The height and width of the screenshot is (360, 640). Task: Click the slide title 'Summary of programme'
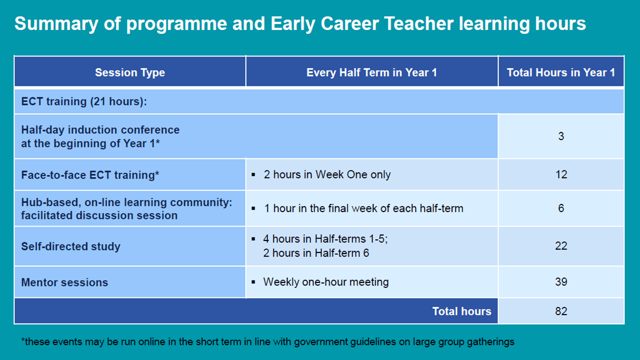pyautogui.click(x=300, y=23)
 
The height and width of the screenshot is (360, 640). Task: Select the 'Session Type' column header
pyautogui.click(x=130, y=72)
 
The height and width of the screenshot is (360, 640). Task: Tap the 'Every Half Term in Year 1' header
pyautogui.click(x=371, y=72)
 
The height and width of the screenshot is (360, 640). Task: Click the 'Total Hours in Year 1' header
pyautogui.click(x=560, y=72)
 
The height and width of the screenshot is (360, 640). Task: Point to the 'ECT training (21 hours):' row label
pyautogui.click(x=84, y=101)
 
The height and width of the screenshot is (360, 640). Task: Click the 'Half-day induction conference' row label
pyautogui.click(x=100, y=136)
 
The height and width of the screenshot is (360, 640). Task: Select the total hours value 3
pyautogui.click(x=561, y=136)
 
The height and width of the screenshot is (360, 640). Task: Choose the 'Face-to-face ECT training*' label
pyautogui.click(x=90, y=175)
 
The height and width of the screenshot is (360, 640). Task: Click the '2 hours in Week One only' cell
pyautogui.click(x=327, y=175)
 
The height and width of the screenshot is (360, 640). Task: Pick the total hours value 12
pyautogui.click(x=561, y=174)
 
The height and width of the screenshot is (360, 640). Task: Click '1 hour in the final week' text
pyautogui.click(x=363, y=208)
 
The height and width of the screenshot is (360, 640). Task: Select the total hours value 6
pyautogui.click(x=561, y=208)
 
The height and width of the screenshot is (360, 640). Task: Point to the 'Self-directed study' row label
pyautogui.click(x=70, y=246)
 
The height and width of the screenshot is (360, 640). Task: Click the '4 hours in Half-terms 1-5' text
pyautogui.click(x=325, y=239)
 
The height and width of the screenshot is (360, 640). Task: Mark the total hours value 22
pyautogui.click(x=561, y=246)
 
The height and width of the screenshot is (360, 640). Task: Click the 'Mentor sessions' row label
pyautogui.click(x=64, y=282)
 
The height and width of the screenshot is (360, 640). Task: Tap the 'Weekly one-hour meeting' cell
pyautogui.click(x=325, y=282)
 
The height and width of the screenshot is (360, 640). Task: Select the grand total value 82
pyautogui.click(x=561, y=311)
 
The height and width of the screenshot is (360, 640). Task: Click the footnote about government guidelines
pyautogui.click(x=267, y=342)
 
